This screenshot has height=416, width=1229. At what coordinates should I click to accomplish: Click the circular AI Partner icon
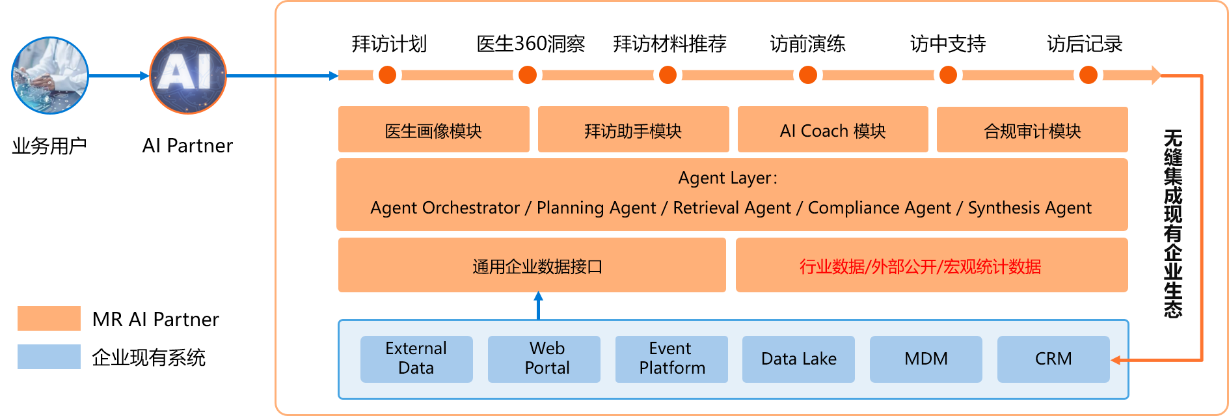coord(188,76)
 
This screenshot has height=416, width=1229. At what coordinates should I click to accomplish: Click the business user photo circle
coord(50,76)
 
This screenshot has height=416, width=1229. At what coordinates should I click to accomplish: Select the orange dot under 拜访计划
coord(388,75)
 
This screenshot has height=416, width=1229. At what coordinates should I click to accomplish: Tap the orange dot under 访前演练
coord(808,75)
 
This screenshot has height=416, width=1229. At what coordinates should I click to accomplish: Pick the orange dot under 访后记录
coord(1088,75)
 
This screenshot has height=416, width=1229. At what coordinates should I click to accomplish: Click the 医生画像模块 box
coord(433,130)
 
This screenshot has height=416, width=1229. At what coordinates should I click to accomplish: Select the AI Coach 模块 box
coord(833,130)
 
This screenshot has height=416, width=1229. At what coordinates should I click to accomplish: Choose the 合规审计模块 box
coord(1033,130)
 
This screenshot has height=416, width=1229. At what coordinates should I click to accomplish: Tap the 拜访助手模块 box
coord(633,130)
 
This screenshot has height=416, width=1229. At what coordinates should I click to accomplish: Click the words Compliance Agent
coord(879,208)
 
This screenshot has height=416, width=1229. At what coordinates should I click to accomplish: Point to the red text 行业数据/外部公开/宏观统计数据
coord(920,266)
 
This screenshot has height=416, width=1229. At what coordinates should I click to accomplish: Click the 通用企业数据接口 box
coord(532,265)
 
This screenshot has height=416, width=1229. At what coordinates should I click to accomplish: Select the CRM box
coord(1053,359)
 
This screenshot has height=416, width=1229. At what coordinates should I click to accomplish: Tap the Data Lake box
coord(798,359)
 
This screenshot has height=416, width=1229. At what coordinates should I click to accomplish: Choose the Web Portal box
coord(544,359)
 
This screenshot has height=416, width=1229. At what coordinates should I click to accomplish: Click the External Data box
coord(416,359)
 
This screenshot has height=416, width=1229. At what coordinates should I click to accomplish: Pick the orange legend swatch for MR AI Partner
coord(49,318)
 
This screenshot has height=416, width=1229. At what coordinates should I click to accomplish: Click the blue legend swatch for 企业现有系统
coord(49,357)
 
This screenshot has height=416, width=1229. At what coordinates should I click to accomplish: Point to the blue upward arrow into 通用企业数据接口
coord(538,305)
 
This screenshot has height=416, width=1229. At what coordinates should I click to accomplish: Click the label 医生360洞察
coord(531,44)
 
